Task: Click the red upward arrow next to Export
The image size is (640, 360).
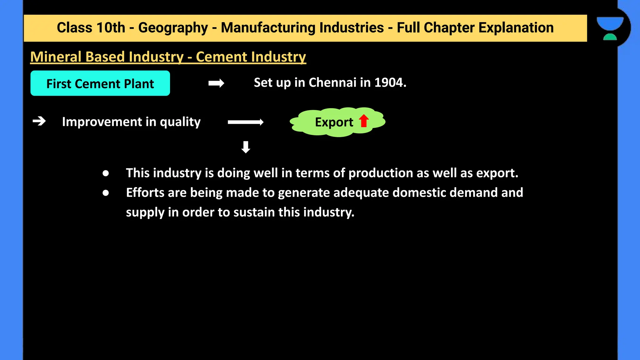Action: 364,121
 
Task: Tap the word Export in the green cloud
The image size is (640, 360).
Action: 334,122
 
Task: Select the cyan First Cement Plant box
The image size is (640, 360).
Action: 100,83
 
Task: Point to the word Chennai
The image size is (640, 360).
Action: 332,82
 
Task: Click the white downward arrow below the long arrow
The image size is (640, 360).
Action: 246,147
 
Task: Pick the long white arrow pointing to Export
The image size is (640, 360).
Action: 246,122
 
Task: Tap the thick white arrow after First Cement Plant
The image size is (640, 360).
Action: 216,83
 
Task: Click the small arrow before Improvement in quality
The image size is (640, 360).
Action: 39,121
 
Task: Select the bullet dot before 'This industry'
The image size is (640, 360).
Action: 106,173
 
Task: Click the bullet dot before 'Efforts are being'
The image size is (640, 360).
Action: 106,193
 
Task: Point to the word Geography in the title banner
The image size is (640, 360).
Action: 173,28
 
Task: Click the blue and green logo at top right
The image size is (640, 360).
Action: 610,28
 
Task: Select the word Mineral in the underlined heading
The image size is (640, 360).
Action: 56,57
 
